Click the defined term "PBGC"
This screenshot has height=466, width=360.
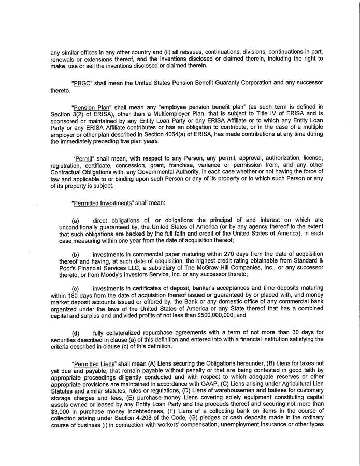(82, 83)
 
